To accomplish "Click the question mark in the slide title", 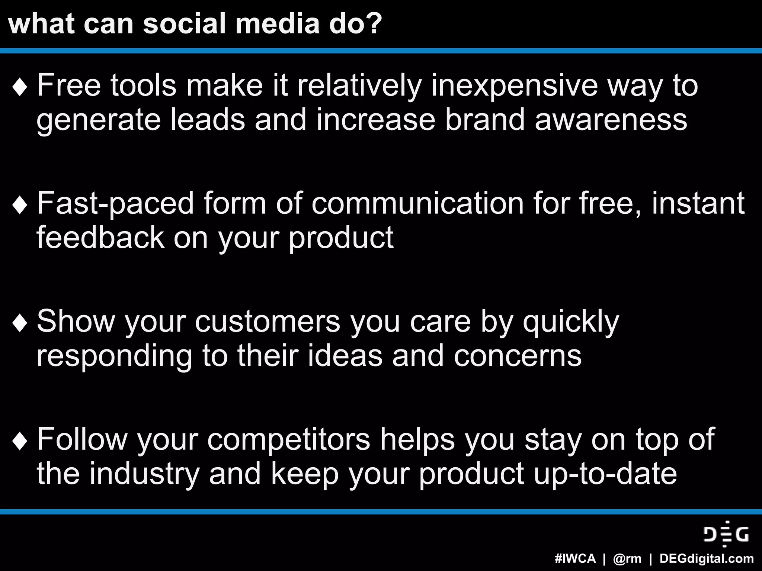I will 372,24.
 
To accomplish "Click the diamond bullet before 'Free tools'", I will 20,88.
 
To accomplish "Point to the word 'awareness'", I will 611,120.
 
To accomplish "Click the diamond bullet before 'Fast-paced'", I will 20,206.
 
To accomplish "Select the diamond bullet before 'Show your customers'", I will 20,323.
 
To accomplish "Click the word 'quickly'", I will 571,322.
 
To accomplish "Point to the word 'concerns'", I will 517,355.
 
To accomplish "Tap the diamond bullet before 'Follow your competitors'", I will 20,441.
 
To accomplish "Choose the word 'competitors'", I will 289,440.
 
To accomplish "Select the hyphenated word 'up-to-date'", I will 605,474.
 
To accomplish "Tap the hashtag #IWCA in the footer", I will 575,559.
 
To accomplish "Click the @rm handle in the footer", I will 627,559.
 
